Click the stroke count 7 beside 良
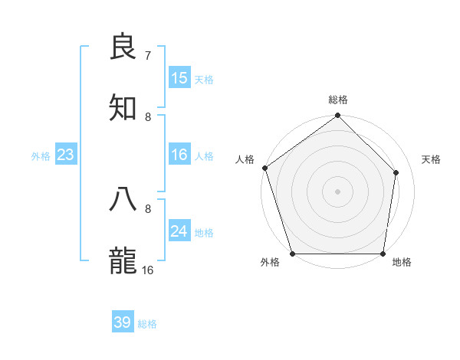tap(147, 55)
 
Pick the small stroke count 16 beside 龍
tap(148, 270)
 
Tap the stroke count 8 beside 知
tap(148, 116)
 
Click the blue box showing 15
tap(179, 78)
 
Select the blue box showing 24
tap(179, 231)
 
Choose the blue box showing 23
tap(66, 155)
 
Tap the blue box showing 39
tap(123, 323)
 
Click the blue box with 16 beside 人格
tap(179, 155)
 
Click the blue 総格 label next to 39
tap(147, 324)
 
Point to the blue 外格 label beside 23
tap(41, 155)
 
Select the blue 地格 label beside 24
tap(204, 232)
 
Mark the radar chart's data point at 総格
tap(337, 116)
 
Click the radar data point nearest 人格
tap(264, 168)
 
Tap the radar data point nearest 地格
tap(383, 254)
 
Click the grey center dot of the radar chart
tap(337, 191)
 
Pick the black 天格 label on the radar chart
tap(432, 159)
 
